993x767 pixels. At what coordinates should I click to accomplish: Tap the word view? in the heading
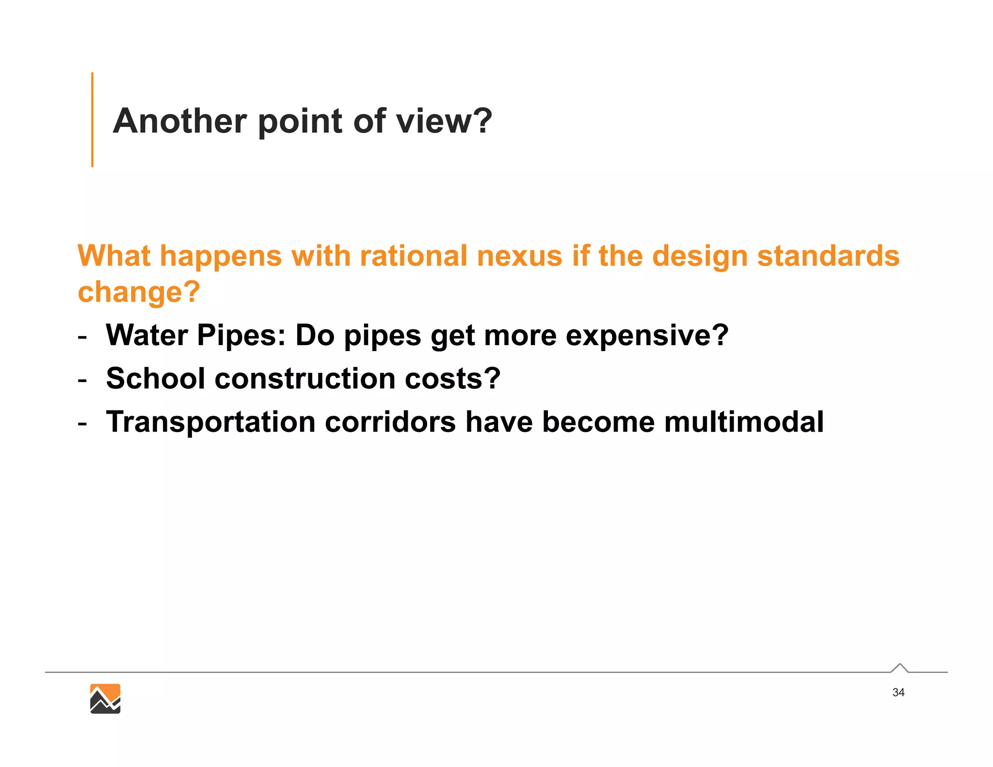[444, 121]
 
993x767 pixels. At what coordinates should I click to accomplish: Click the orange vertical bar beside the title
[92, 120]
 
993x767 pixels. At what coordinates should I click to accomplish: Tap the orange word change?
[139, 292]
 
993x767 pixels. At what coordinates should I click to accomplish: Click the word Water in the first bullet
[147, 335]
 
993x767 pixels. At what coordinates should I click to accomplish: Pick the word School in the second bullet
[155, 378]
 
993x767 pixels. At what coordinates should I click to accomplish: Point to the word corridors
[390, 421]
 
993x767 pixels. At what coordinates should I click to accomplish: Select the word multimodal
[744, 421]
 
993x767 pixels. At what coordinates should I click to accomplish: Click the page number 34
[898, 692]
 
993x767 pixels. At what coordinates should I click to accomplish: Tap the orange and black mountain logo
[105, 699]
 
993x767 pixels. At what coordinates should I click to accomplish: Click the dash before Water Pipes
[82, 336]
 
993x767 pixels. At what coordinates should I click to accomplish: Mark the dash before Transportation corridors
[82, 422]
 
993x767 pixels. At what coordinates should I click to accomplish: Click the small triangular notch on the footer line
[899, 668]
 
